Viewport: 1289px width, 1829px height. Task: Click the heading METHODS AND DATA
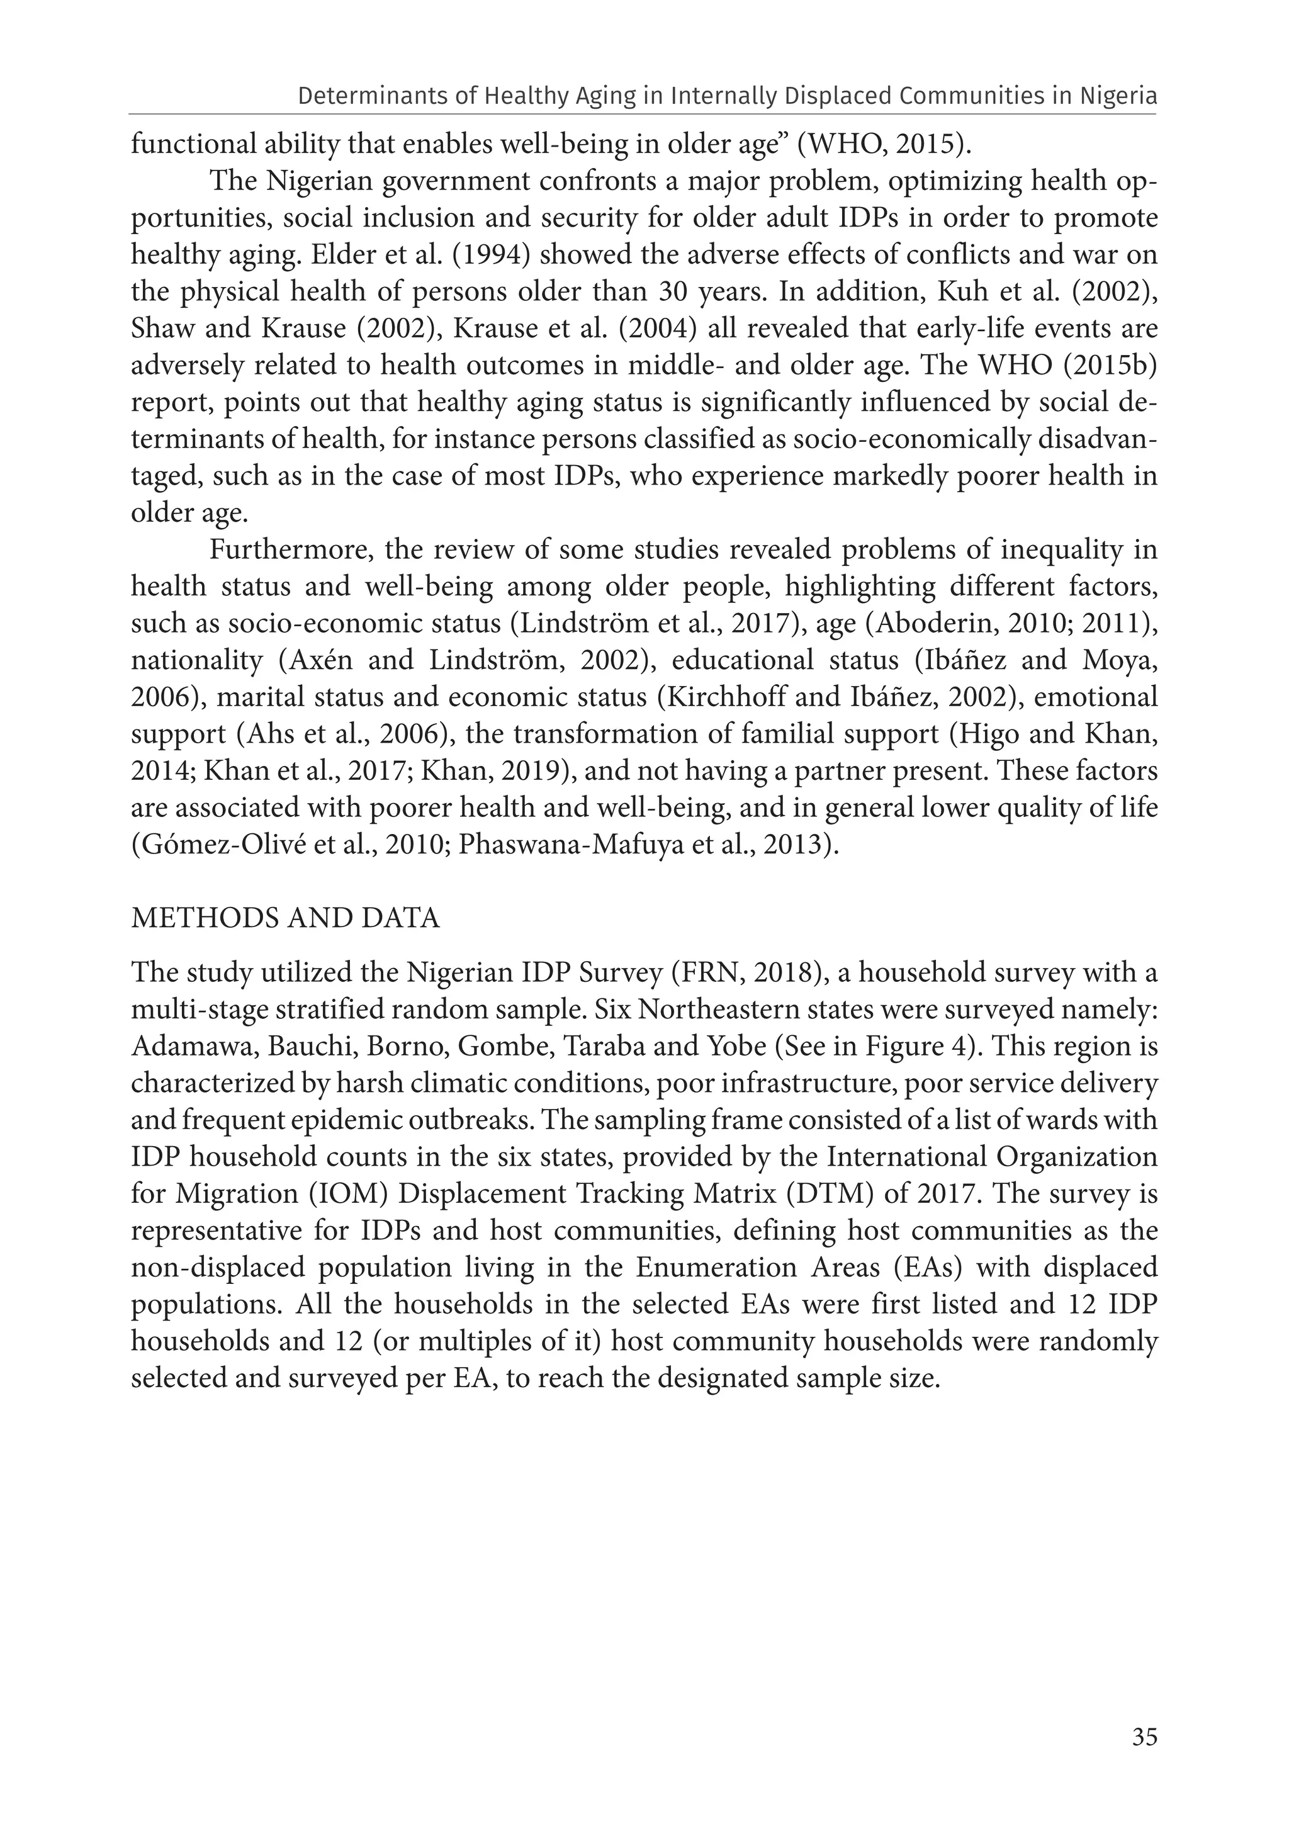click(285, 918)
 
